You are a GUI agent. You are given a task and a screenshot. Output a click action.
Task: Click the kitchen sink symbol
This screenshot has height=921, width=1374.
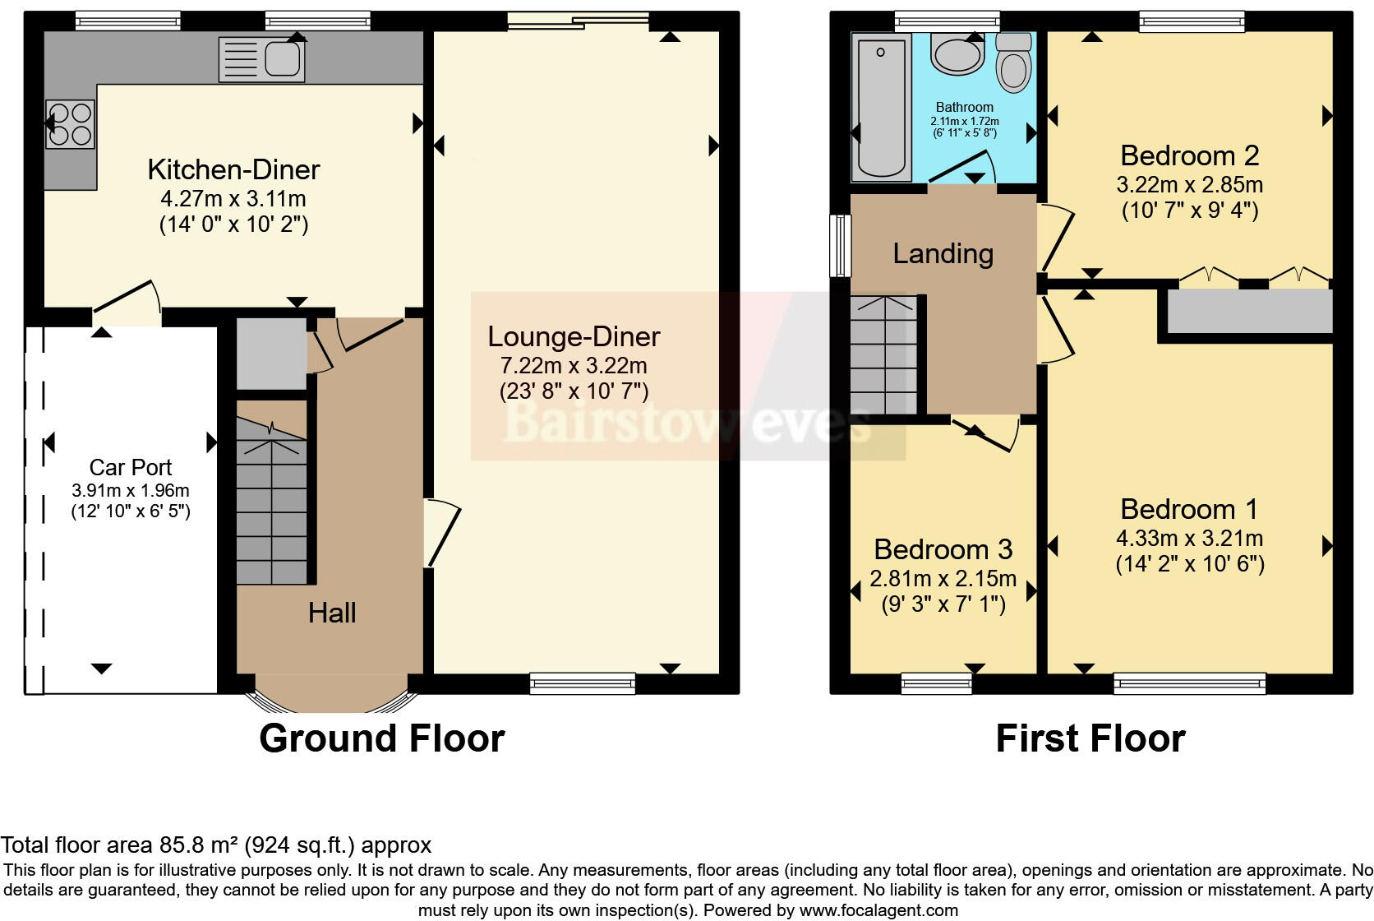261,59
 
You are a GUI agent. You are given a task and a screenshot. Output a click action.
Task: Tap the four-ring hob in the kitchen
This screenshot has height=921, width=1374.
69,124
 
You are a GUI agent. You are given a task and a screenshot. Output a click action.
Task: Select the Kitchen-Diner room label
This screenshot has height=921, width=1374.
233,170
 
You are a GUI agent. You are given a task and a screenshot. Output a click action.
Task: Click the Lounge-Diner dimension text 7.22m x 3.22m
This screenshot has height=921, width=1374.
574,365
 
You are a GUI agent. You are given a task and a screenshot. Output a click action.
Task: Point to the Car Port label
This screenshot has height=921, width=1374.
131,468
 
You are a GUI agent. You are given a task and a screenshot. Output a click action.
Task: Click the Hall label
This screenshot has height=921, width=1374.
332,613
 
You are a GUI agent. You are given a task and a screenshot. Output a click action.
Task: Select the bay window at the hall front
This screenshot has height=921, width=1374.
332,701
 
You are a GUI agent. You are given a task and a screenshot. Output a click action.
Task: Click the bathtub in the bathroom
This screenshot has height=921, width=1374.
881,107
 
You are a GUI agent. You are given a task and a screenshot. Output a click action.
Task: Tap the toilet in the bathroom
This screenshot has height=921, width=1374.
1014,64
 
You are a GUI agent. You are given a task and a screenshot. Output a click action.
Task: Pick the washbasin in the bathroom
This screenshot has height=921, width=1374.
957,54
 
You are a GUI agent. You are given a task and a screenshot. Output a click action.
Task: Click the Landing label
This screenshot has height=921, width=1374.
943,254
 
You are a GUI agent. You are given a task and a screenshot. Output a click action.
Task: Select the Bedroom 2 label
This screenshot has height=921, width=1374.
1189,155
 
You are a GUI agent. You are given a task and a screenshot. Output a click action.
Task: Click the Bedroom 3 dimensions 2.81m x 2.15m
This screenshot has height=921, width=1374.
943,579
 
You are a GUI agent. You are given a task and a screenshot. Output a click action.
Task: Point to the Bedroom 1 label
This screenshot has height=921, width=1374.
1188,510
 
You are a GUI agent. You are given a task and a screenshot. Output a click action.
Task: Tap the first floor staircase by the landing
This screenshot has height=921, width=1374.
883,355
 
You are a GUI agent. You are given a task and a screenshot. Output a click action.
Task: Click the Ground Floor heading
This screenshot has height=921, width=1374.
381,738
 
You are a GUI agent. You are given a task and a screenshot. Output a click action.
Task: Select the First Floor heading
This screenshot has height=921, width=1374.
1090,738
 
